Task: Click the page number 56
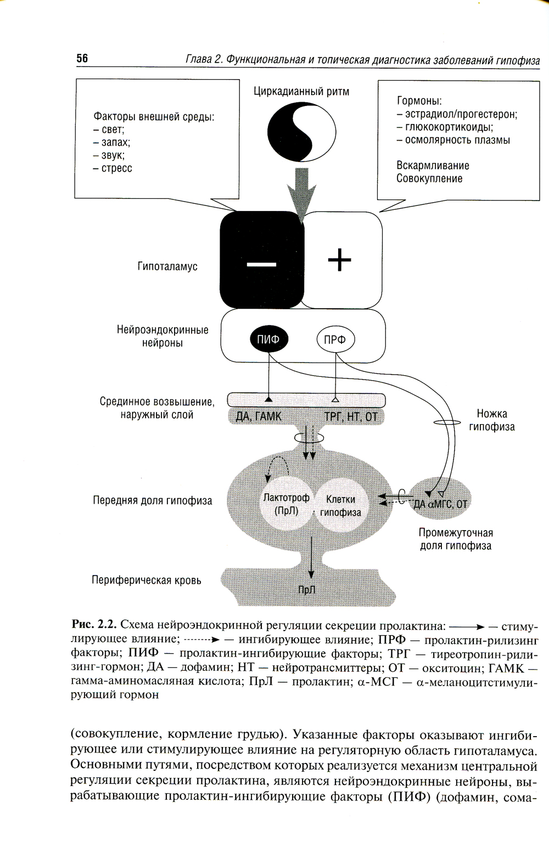(x=82, y=58)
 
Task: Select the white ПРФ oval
(x=335, y=340)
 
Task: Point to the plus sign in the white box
(x=339, y=260)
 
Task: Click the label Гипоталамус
(x=167, y=266)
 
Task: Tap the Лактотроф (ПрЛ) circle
(x=286, y=504)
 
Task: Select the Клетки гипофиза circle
(x=340, y=505)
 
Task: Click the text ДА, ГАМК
(x=258, y=416)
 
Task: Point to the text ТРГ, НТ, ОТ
(x=351, y=416)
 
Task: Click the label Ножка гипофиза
(x=491, y=420)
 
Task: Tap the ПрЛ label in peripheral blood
(x=307, y=590)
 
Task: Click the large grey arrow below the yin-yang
(x=301, y=192)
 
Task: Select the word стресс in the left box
(x=116, y=168)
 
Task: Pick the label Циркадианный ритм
(x=301, y=91)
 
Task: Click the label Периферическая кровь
(x=146, y=580)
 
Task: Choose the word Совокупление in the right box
(x=429, y=179)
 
